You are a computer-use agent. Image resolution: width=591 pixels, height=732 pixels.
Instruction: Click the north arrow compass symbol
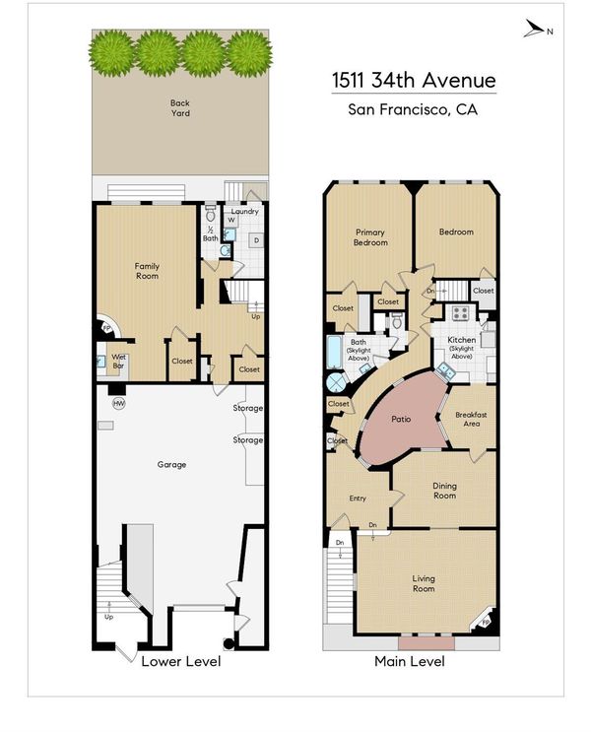pyautogui.click(x=534, y=29)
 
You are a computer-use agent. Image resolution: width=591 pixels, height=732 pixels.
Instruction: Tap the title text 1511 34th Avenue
pyautogui.click(x=414, y=81)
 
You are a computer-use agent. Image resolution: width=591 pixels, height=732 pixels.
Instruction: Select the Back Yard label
pyautogui.click(x=179, y=107)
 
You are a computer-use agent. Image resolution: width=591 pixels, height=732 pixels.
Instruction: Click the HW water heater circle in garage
pyautogui.click(x=119, y=403)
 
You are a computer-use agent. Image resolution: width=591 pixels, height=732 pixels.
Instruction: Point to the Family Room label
pyautogui.click(x=147, y=271)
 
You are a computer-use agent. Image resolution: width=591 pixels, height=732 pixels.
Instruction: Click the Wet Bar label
pyautogui.click(x=118, y=362)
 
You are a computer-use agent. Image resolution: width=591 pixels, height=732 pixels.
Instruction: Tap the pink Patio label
pyautogui.click(x=401, y=420)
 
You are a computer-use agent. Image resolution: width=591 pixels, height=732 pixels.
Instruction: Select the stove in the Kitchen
pyautogui.click(x=460, y=312)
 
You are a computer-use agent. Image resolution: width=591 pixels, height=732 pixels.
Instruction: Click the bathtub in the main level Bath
pyautogui.click(x=334, y=352)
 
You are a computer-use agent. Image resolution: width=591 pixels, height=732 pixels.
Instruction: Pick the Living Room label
pyautogui.click(x=424, y=583)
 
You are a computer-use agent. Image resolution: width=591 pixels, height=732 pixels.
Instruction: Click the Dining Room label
pyautogui.click(x=444, y=491)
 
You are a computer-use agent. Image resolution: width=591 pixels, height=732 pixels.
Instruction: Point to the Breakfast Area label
pyautogui.click(x=471, y=419)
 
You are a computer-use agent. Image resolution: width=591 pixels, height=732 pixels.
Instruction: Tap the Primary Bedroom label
pyautogui.click(x=370, y=237)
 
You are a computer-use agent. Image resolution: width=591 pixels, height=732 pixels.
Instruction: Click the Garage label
pyautogui.click(x=171, y=464)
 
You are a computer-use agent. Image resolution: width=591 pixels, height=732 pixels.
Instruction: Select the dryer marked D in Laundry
pyautogui.click(x=256, y=240)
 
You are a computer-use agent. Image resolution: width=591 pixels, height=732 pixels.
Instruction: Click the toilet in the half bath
pyautogui.click(x=211, y=214)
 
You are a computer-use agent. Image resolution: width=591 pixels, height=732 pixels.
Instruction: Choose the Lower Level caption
pyautogui.click(x=181, y=661)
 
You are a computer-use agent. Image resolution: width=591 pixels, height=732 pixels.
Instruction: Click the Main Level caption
pyautogui.click(x=410, y=661)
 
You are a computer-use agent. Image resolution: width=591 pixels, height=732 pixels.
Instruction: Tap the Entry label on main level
pyautogui.click(x=358, y=499)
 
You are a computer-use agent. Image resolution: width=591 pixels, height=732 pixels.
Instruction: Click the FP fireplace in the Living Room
pyautogui.click(x=485, y=622)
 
